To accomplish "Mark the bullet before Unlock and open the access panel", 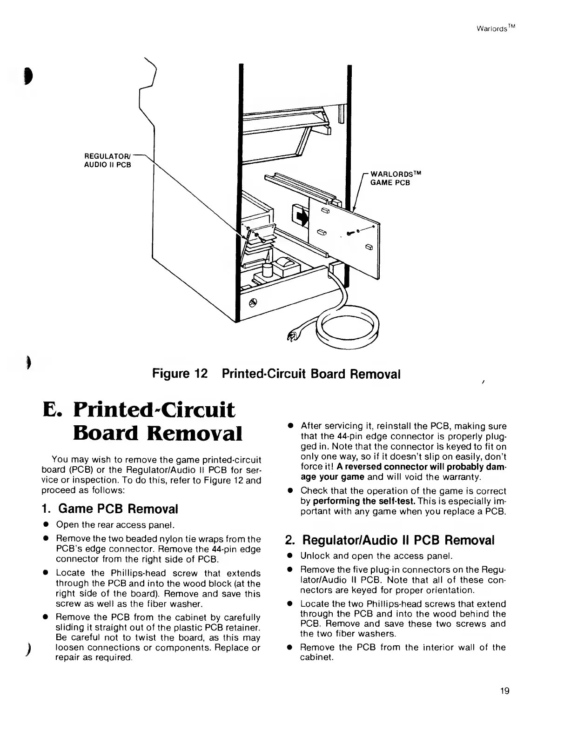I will (x=289, y=556).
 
